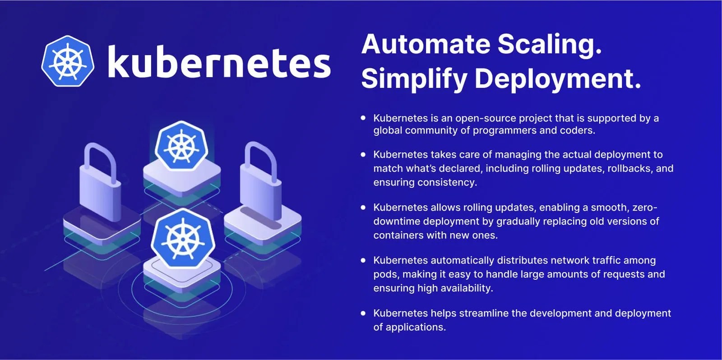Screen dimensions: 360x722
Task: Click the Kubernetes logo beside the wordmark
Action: coord(68,61)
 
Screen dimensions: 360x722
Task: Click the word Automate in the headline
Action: coord(426,44)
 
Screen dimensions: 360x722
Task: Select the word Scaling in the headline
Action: coord(549,45)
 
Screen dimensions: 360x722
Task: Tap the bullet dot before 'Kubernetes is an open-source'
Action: coord(363,118)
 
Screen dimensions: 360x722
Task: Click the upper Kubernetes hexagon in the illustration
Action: coord(181,146)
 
